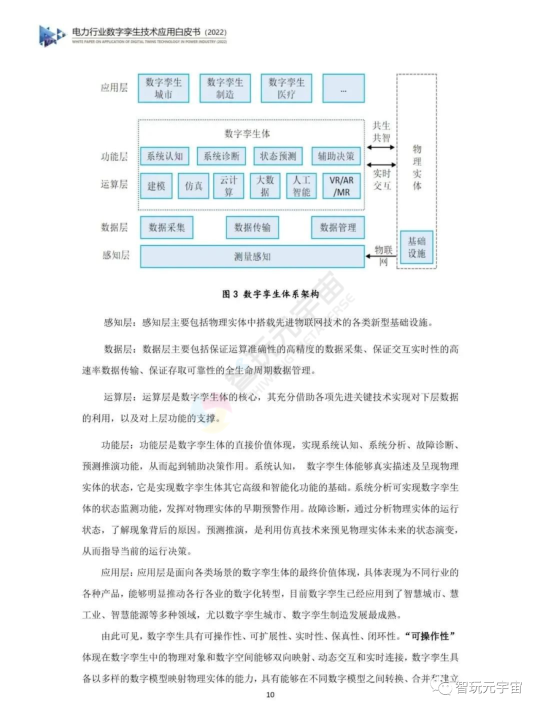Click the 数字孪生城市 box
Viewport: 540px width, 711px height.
(x=163, y=88)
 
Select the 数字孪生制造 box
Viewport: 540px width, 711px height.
(x=225, y=88)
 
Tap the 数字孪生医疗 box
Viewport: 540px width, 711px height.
(x=286, y=88)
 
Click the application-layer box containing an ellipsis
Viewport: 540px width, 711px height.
(x=343, y=88)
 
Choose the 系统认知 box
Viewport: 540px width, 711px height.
(x=165, y=156)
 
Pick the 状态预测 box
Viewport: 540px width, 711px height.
(x=278, y=156)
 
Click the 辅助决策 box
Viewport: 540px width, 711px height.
(x=336, y=156)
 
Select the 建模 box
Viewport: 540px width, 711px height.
(x=156, y=186)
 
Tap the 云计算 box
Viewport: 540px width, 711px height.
(x=228, y=186)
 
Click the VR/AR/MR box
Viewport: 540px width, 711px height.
(x=341, y=186)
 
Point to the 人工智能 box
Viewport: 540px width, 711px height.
(x=301, y=186)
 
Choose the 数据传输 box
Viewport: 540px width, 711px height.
(x=252, y=227)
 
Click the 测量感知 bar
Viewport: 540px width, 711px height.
(x=252, y=256)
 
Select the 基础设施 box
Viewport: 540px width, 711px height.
(x=416, y=247)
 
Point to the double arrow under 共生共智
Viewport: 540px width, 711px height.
(x=381, y=147)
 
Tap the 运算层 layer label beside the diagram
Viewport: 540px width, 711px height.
(x=114, y=184)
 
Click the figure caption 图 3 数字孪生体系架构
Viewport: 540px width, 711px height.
(x=270, y=294)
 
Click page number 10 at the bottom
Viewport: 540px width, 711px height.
(x=270, y=694)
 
